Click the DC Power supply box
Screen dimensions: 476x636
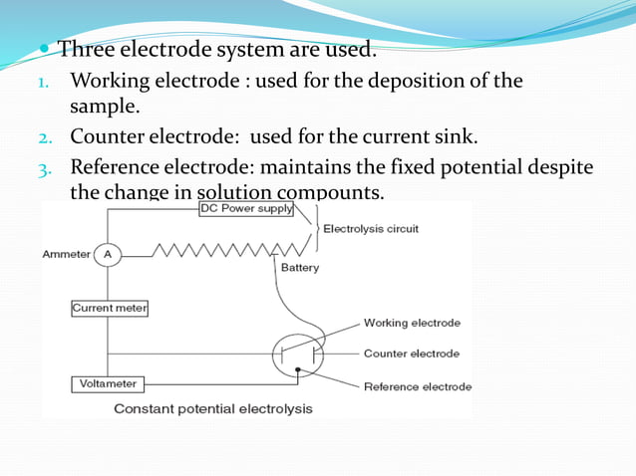tap(247, 209)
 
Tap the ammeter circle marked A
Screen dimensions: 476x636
tap(108, 255)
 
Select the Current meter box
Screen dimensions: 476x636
tap(110, 309)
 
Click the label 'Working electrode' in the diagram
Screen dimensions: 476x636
tap(412, 323)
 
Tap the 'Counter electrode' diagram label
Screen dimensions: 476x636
tap(412, 354)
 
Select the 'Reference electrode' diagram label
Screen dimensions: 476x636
tap(418, 386)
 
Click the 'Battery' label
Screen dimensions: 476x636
tap(300, 268)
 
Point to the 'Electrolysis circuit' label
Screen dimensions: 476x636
tap(371, 229)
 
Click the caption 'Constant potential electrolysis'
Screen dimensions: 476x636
tap(213, 408)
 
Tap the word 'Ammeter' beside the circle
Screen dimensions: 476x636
tap(67, 255)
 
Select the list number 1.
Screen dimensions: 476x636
tap(43, 83)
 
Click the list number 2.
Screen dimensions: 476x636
tap(44, 137)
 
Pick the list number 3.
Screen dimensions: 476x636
tap(44, 168)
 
